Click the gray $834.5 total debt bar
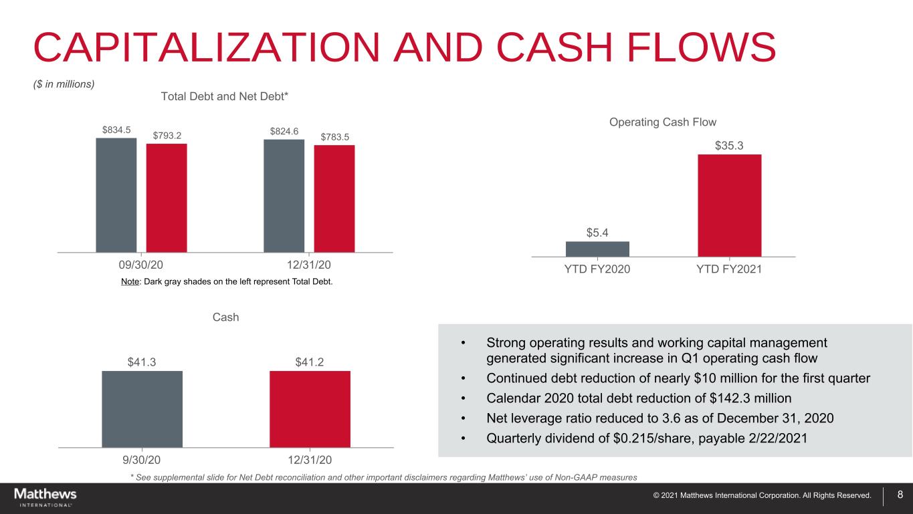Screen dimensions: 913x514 pos(116,195)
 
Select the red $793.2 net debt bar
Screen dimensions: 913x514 pos(167,198)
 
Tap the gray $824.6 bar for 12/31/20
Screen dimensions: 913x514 pos(284,196)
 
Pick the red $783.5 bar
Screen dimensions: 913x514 pos(334,199)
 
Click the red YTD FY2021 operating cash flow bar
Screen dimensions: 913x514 pos(730,206)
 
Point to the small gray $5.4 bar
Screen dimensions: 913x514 pos(597,249)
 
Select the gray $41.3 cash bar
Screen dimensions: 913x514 pos(142,409)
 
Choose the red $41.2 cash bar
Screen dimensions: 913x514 pos(310,409)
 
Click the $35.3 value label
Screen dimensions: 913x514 pos(729,146)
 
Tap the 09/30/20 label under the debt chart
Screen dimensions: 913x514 pos(140,265)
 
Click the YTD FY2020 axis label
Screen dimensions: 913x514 pos(597,269)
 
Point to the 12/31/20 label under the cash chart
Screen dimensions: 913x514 pos(310,461)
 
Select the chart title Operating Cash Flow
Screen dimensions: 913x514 pos(663,122)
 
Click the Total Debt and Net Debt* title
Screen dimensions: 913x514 pos(225,96)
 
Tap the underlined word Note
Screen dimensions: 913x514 pos(130,281)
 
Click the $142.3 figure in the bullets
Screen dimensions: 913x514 pos(730,398)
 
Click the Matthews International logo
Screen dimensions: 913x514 pos(45,497)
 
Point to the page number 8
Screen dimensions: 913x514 pos(900,495)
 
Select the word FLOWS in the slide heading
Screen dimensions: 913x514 pos(701,47)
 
